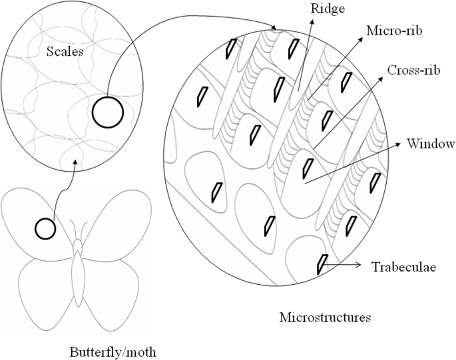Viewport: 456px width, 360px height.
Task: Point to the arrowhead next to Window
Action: pyautogui.click(x=403, y=144)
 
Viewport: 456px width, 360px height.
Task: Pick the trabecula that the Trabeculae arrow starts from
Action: pyautogui.click(x=323, y=264)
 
